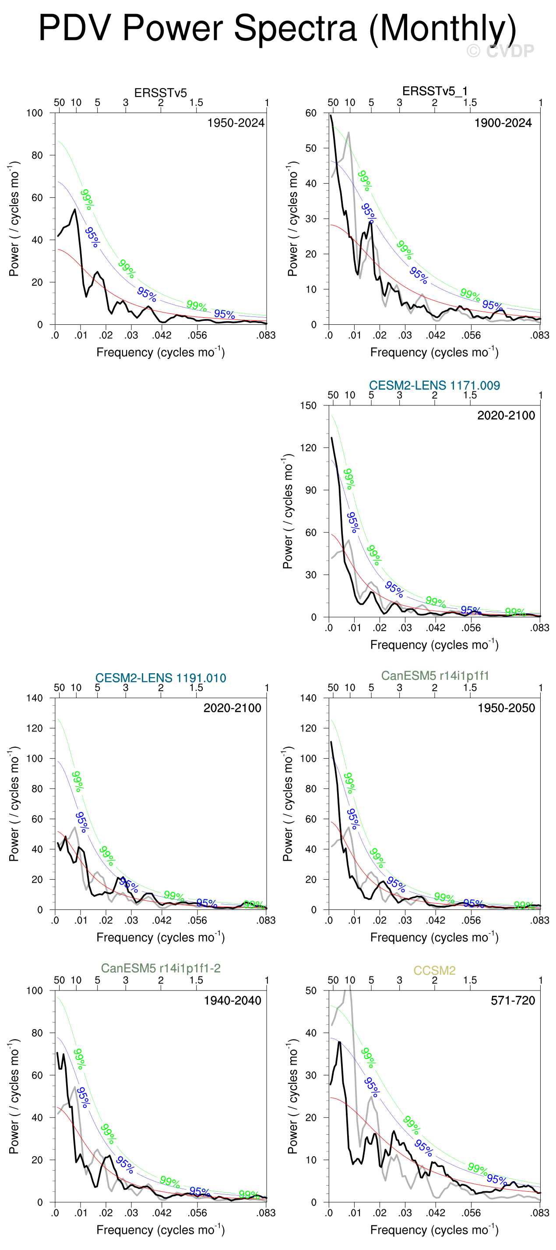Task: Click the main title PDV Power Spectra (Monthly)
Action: click(277, 28)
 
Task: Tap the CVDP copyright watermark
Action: click(500, 51)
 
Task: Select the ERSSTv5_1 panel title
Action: click(435, 91)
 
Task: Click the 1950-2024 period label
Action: click(236, 123)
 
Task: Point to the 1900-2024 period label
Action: click(503, 123)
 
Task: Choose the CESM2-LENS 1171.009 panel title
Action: click(434, 385)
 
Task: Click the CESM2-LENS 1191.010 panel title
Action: click(160, 678)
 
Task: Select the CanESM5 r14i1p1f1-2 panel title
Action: click(160, 968)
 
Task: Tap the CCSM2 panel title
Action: click(434, 970)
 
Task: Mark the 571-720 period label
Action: click(512, 1001)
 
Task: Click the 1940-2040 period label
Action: click(232, 1001)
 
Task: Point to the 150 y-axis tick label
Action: click(308, 406)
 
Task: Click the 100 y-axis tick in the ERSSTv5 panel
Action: click(35, 113)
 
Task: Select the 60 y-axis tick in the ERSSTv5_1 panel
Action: click(311, 113)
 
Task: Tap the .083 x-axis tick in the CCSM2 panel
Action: click(539, 1213)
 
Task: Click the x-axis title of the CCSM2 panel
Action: click(434, 1230)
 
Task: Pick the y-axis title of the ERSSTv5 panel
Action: click(14, 219)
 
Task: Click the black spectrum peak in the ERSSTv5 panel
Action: click(75, 210)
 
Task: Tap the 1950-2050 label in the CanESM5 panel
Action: click(506, 708)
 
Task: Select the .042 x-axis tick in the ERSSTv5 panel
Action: click(162, 335)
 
